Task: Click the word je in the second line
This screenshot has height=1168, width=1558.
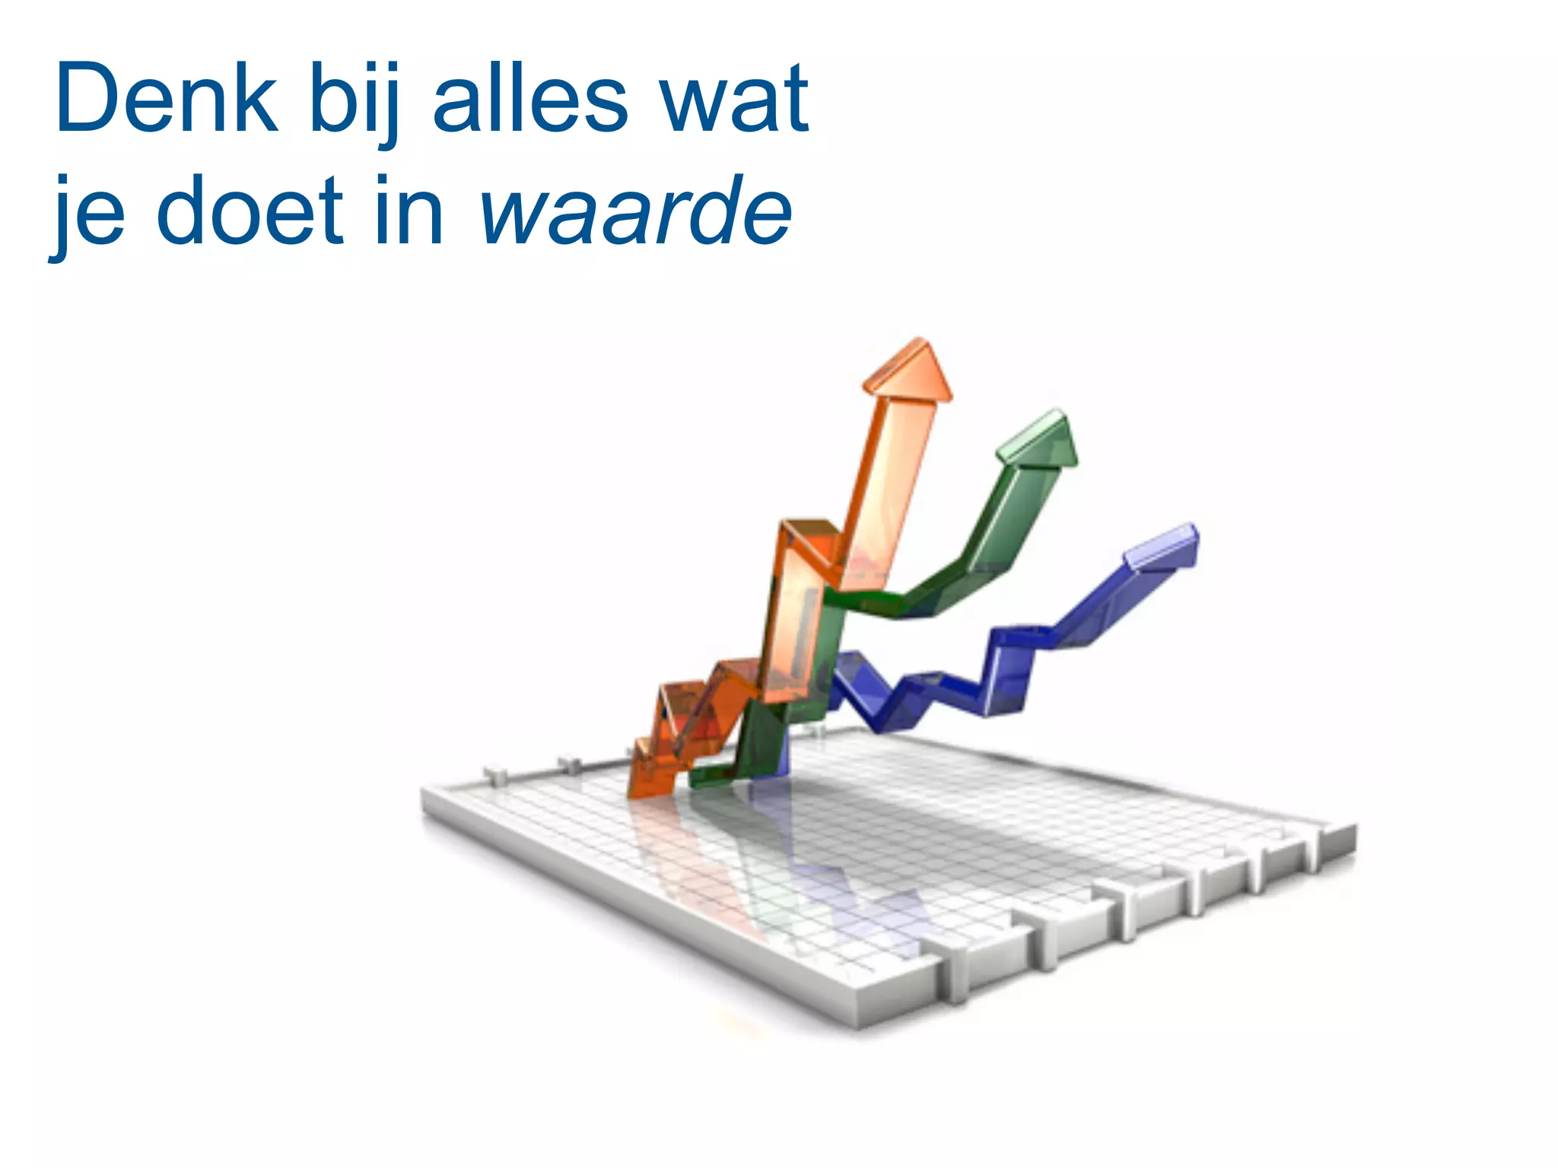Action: pyautogui.click(x=87, y=213)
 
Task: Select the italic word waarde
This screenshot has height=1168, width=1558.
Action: pyautogui.click(x=636, y=211)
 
